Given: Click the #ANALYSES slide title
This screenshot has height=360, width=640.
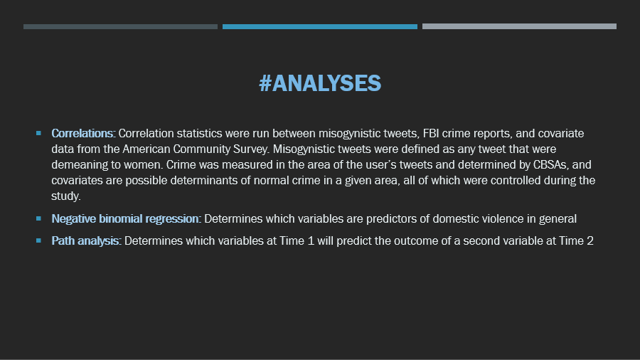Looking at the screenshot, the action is click(x=320, y=83).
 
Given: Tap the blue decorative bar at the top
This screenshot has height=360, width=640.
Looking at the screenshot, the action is click(x=319, y=26).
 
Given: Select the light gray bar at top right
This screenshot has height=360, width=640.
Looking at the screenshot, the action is click(x=519, y=26).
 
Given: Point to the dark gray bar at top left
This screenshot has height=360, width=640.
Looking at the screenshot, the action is click(x=120, y=26).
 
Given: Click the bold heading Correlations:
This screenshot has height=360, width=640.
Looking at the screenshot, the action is click(x=83, y=134).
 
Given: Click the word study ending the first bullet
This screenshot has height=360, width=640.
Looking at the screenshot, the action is click(x=65, y=196).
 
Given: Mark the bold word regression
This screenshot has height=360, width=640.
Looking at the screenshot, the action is click(x=173, y=219).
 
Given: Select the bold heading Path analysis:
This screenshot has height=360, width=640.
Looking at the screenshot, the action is click(x=86, y=240).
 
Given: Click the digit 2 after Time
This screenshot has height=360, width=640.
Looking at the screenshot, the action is click(x=590, y=240).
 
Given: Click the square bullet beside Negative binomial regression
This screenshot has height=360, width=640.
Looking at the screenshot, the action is click(x=39, y=218).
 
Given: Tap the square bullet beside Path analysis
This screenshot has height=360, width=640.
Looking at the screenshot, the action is click(x=39, y=240).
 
